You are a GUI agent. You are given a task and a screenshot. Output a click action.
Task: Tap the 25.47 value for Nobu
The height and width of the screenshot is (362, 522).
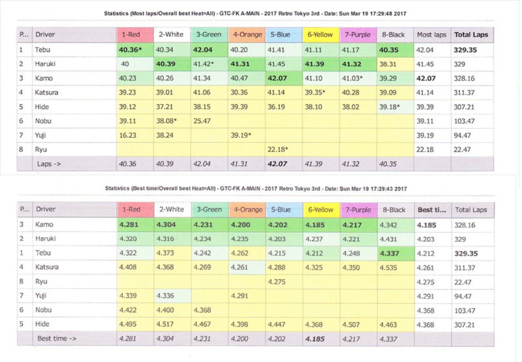pyautogui.click(x=202, y=121)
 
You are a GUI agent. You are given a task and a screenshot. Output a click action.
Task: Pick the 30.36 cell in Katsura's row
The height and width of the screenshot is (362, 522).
pyautogui.click(x=239, y=92)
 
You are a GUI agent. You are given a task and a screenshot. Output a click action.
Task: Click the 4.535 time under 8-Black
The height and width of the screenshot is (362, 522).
pyautogui.click(x=388, y=267)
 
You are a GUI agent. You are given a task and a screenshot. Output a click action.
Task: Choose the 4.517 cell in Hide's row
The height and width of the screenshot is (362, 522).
pyautogui.click(x=165, y=325)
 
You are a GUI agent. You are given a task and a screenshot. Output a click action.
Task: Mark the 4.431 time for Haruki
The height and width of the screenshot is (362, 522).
pyautogui.click(x=388, y=239)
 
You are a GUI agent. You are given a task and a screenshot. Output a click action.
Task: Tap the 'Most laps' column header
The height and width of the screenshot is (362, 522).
pyautogui.click(x=431, y=35)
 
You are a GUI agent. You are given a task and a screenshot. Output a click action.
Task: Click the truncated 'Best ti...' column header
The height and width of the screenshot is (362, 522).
pyautogui.click(x=431, y=210)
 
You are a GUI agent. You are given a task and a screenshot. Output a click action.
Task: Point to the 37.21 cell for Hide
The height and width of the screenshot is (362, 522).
pyautogui.click(x=164, y=107)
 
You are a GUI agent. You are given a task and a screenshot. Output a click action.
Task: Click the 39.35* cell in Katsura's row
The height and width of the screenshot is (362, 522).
pyautogui.click(x=316, y=92)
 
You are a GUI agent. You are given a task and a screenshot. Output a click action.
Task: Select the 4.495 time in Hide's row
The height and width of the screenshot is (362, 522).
pyautogui.click(x=128, y=325)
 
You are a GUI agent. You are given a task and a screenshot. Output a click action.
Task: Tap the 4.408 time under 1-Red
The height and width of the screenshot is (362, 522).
pyautogui.click(x=128, y=267)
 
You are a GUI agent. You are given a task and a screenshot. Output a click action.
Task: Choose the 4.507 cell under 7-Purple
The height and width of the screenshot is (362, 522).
pyautogui.click(x=351, y=325)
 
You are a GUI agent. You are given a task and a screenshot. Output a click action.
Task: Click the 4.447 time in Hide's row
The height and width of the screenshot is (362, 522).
pyautogui.click(x=277, y=325)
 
